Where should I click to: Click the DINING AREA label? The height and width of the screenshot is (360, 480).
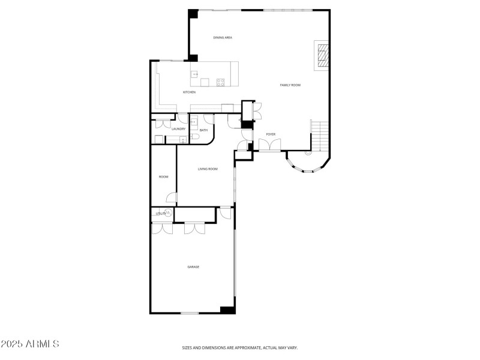tap(223, 38)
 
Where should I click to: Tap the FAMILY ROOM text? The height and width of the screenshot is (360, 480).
tap(290, 85)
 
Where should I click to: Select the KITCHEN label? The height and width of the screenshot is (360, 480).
tap(189, 92)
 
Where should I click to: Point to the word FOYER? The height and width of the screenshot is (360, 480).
tap(271, 134)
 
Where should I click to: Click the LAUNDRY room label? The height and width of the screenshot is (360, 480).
tap(178, 129)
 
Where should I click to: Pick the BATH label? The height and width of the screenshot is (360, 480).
tap(203, 130)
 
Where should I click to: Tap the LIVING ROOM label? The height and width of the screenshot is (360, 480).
tap(208, 169)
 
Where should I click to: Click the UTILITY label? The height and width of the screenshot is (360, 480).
tap(161, 213)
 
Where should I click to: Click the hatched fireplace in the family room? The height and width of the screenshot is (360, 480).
tap(323, 56)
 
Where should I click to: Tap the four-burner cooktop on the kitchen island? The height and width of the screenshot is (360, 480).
tap(220, 82)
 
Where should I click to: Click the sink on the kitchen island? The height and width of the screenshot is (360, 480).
tap(195, 74)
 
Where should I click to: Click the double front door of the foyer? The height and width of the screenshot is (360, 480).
tap(269, 145)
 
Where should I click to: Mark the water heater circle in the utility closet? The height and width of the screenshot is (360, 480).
tap(169, 213)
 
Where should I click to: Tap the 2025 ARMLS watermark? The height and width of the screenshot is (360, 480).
tap(30, 344)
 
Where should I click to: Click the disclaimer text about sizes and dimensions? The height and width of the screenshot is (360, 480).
tap(240, 347)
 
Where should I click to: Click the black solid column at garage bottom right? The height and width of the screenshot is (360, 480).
tap(227, 310)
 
